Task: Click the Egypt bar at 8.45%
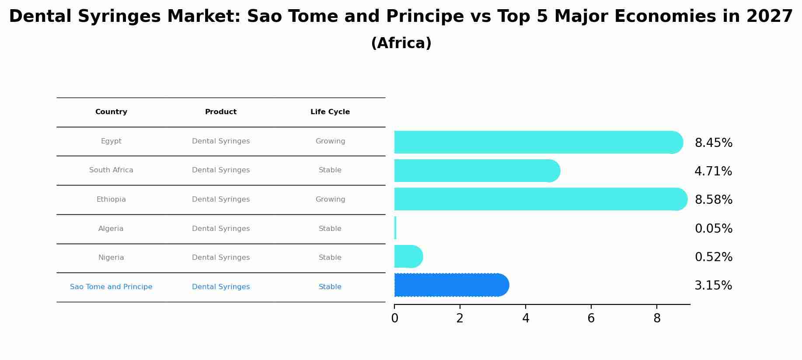[x=538, y=142]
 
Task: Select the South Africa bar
[x=477, y=171]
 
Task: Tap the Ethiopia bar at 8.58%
[x=540, y=199]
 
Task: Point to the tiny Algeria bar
[x=395, y=228]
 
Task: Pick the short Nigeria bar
[x=408, y=256]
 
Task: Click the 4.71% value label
[x=713, y=171]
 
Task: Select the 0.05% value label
[x=713, y=228]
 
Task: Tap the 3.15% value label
[x=713, y=285]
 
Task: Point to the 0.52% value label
[x=713, y=257]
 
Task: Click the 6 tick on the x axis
[x=591, y=318]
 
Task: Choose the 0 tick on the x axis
[x=394, y=318]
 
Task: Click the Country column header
[x=111, y=112]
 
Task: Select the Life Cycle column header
[x=330, y=112]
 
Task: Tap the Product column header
[x=221, y=112]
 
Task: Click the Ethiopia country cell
[x=111, y=199]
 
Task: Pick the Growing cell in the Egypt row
[x=330, y=141]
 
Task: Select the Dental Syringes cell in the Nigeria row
[x=221, y=258]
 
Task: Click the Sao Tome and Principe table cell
[x=111, y=287]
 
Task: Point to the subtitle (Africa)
[x=401, y=43]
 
